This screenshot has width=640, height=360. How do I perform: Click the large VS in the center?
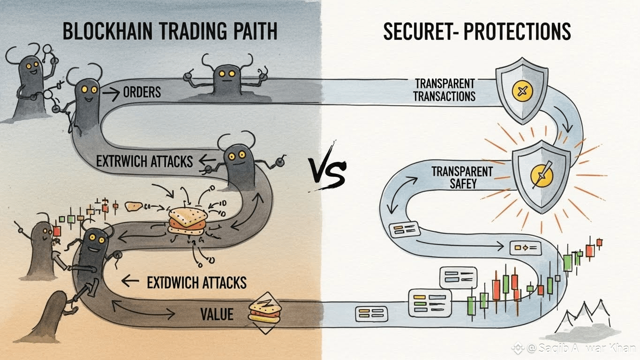tap(327, 173)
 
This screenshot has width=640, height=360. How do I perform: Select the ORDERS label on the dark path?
tap(142, 92)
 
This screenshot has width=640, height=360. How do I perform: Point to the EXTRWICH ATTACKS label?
tap(144, 161)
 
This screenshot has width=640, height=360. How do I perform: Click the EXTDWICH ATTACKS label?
tap(196, 282)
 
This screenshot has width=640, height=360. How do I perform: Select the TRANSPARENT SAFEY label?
tap(462, 177)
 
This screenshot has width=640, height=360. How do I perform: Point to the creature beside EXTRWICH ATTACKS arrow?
tap(239, 164)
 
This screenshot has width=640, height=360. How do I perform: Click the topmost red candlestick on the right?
tap(599, 242)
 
